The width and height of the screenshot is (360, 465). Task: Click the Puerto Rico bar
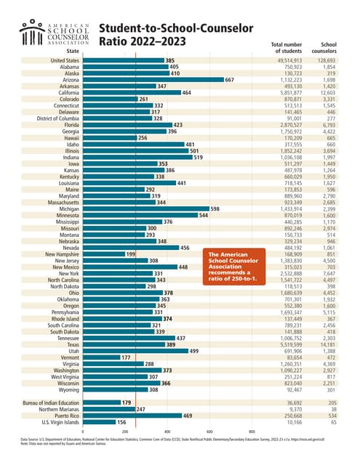click(132, 415)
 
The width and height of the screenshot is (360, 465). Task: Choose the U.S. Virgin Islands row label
click(61, 421)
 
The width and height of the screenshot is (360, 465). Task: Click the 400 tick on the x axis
click(167, 432)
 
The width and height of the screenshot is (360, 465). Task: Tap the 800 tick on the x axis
click(251, 432)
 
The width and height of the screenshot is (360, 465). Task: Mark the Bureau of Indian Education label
click(52, 402)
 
